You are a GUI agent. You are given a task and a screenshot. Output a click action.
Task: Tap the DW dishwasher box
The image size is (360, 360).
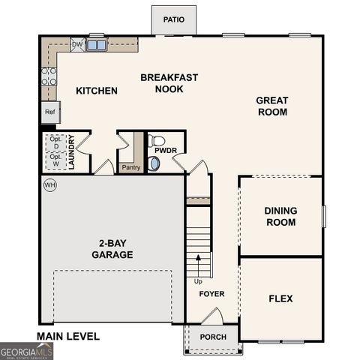pyautogui.click(x=77, y=45)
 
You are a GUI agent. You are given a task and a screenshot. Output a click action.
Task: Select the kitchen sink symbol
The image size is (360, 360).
pyautogui.click(x=96, y=45)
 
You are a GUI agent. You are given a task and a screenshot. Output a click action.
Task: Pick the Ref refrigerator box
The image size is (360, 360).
pyautogui.click(x=49, y=112)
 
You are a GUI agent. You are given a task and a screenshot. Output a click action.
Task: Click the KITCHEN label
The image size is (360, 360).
pyautogui.click(x=97, y=91)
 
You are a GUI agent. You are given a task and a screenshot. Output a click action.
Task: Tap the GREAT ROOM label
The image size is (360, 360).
pyautogui.click(x=271, y=106)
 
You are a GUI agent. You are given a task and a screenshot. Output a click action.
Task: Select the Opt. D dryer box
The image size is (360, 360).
pyautogui.click(x=55, y=142)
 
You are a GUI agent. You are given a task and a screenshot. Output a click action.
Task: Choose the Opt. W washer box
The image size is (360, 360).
pyautogui.click(x=55, y=159)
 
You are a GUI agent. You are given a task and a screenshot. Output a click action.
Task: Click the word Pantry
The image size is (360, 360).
pyautogui.click(x=131, y=168)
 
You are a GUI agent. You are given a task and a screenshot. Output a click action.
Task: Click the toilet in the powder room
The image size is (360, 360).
pyautogui.click(x=157, y=140)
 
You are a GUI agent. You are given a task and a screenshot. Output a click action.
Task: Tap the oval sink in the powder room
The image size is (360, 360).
pyautogui.click(x=154, y=163)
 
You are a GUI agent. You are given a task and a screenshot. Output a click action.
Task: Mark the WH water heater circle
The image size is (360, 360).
pyautogui.click(x=50, y=185)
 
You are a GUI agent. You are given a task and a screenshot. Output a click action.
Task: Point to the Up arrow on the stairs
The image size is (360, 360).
pyautogui.click(x=199, y=263)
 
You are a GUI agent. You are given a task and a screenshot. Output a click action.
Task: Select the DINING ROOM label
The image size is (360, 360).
pyautogui.click(x=280, y=216)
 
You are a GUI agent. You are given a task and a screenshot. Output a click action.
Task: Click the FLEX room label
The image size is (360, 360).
pyautogui.click(x=280, y=298)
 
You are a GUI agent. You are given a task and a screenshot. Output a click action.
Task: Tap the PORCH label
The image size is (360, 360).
pyautogui.click(x=213, y=337)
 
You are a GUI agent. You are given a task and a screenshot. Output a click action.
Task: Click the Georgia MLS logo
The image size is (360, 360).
pyautogui.click(x=26, y=351)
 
